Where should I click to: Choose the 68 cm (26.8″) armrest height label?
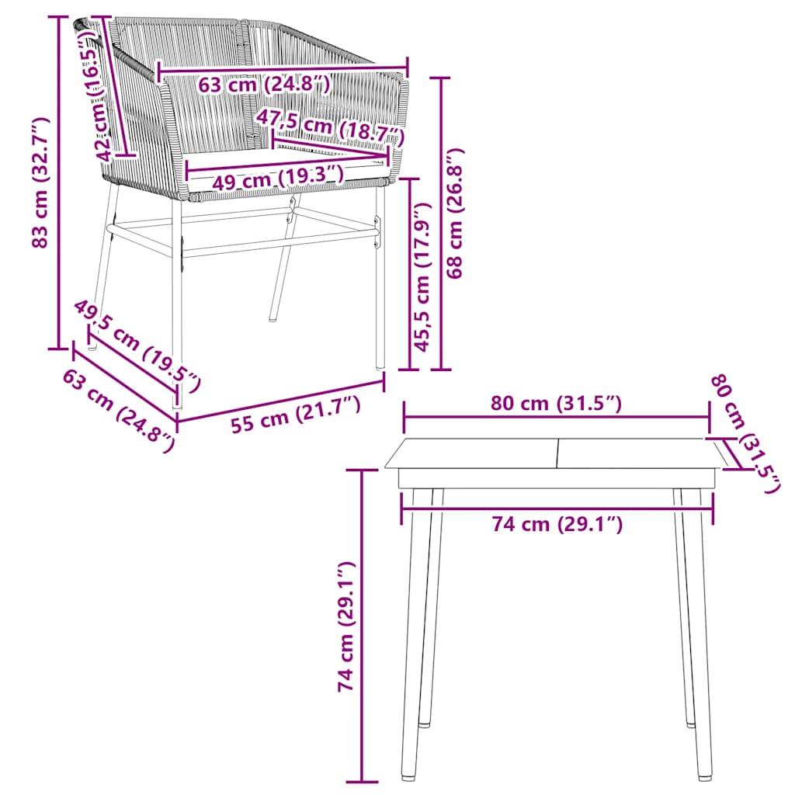coord(456,213)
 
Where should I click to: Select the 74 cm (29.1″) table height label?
coord(345,627)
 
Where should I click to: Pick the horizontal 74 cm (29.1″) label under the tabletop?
coord(557,525)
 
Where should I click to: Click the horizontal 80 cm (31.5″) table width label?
coord(557,404)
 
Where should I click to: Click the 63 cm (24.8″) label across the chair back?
coord(264,84)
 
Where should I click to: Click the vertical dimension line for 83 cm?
coord(59,182)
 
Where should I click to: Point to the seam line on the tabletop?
coord(557,453)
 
